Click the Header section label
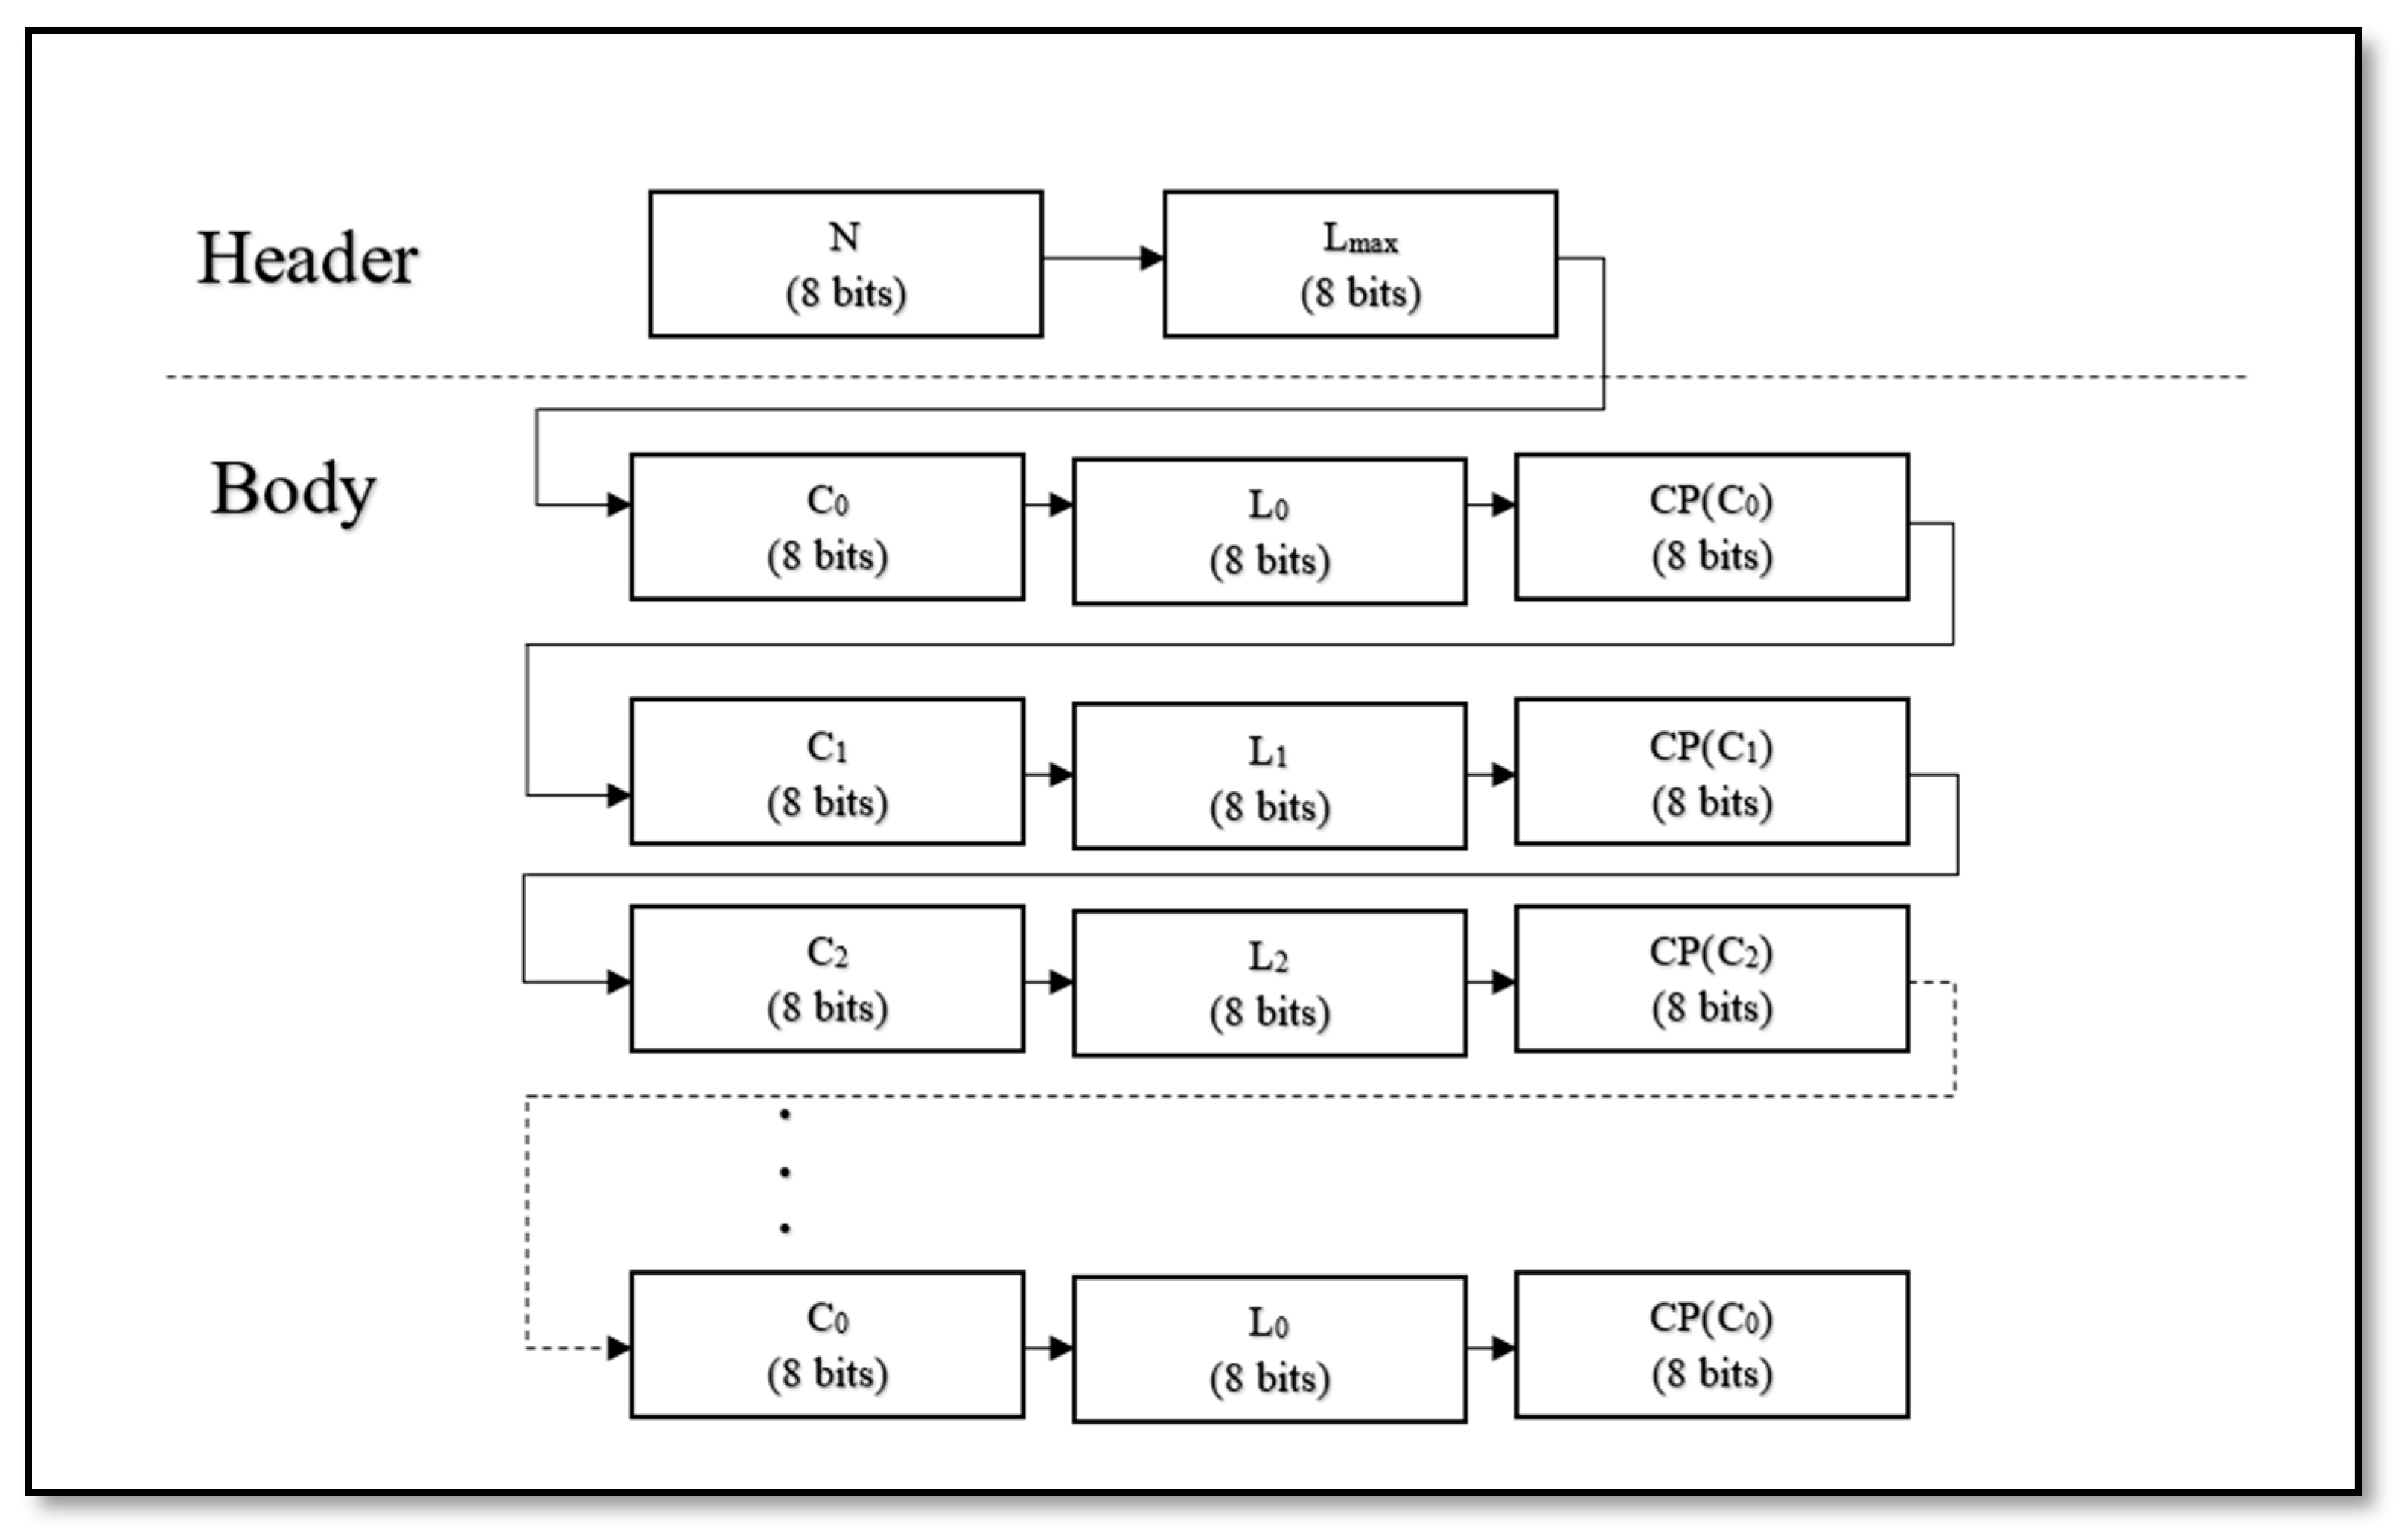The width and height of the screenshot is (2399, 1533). [x=307, y=259]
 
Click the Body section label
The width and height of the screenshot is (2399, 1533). [x=293, y=490]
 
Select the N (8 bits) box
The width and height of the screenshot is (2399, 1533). [x=845, y=264]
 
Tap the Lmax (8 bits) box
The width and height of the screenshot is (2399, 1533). [x=1360, y=264]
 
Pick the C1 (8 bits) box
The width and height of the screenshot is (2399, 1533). [x=827, y=772]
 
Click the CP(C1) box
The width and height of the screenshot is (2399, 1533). [x=1712, y=772]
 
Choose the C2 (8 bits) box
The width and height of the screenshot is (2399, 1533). [x=827, y=978]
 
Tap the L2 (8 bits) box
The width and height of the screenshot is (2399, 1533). [x=1269, y=983]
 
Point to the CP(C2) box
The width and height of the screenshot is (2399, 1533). [x=1712, y=978]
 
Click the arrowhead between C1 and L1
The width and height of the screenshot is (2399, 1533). [x=1060, y=774]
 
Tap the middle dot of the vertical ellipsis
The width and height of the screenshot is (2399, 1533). [x=785, y=1173]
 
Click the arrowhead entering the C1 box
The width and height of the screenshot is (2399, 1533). [x=618, y=795]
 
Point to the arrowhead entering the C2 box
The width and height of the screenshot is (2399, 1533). [x=618, y=982]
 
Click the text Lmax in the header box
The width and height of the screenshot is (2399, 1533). [x=1360, y=239]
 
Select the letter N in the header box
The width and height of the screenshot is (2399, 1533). [x=844, y=237]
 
